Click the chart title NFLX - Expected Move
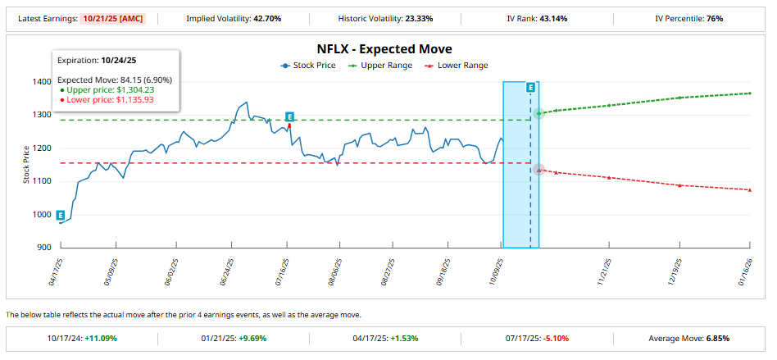[x=384, y=50]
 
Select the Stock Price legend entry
[x=308, y=66]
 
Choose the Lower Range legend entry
[x=457, y=66]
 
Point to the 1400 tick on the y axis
[x=42, y=82]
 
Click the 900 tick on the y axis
[x=44, y=248]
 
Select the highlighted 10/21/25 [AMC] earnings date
[x=112, y=18]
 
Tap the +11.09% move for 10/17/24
[x=102, y=338]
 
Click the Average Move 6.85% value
[x=711, y=338]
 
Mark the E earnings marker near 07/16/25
[x=289, y=117]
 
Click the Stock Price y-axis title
[x=26, y=165]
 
